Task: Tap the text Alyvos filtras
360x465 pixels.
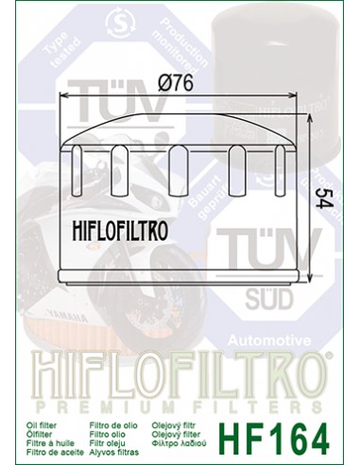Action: [x=119, y=435]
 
